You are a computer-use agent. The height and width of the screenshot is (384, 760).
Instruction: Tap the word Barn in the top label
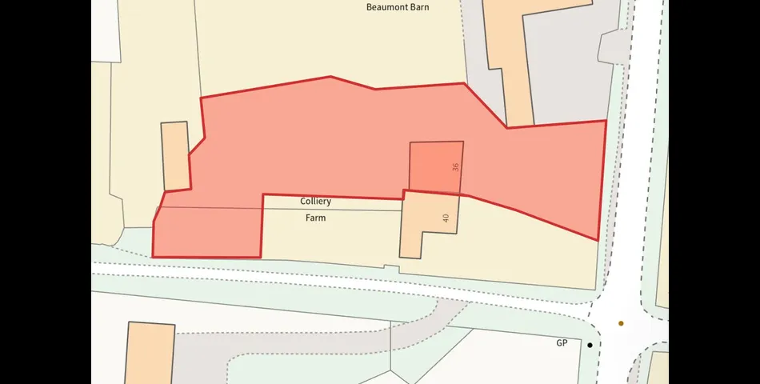point(419,7)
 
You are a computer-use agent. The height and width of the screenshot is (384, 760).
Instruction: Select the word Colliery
point(316,202)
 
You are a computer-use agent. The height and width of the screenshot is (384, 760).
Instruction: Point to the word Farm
point(316,218)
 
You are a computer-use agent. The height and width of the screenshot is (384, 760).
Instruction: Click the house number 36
point(455,167)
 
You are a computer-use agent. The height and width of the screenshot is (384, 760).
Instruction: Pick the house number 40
point(446,218)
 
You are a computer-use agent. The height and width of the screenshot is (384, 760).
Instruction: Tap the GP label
point(562,343)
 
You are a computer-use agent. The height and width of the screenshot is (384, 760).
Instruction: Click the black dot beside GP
point(590,346)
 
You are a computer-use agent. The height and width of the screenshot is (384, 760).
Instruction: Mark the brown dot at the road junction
point(621,324)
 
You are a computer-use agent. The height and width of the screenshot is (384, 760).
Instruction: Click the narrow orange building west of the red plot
point(175,156)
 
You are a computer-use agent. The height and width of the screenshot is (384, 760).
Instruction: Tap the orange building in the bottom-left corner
point(150,353)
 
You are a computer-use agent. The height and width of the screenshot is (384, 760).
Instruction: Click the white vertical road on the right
point(632,160)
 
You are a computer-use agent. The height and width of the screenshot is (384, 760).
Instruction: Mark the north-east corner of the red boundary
point(606,121)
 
